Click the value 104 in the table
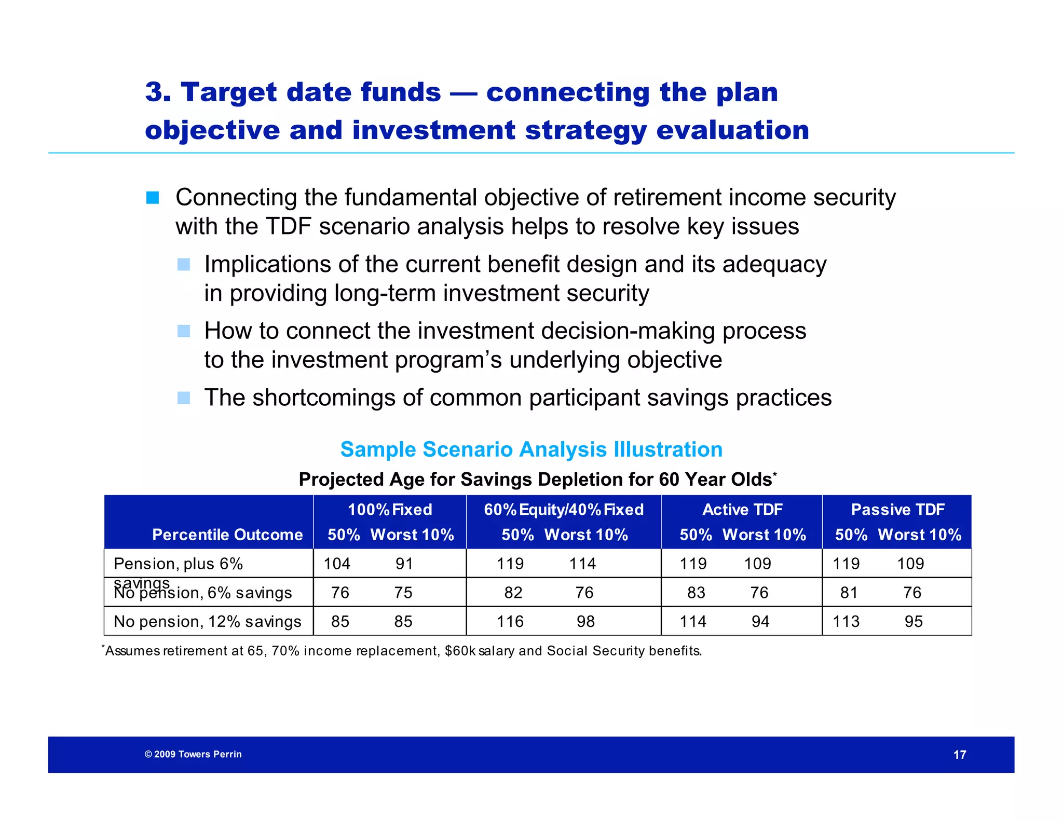tap(337, 564)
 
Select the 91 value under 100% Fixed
tap(404, 564)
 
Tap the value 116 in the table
tap(510, 621)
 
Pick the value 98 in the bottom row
tap(585, 621)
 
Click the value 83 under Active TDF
tap(696, 593)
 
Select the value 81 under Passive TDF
tap(849, 593)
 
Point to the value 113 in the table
tap(846, 621)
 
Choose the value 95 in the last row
tap(914, 621)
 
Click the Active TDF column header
tap(742, 510)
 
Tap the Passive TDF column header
tap(897, 510)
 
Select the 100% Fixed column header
tap(390, 510)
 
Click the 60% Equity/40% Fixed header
tap(564, 510)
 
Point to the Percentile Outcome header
tap(227, 535)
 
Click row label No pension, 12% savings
tap(207, 621)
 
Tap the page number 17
tap(960, 755)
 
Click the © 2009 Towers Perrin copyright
tap(193, 754)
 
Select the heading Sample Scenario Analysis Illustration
tap(531, 449)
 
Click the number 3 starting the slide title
tap(154, 92)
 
